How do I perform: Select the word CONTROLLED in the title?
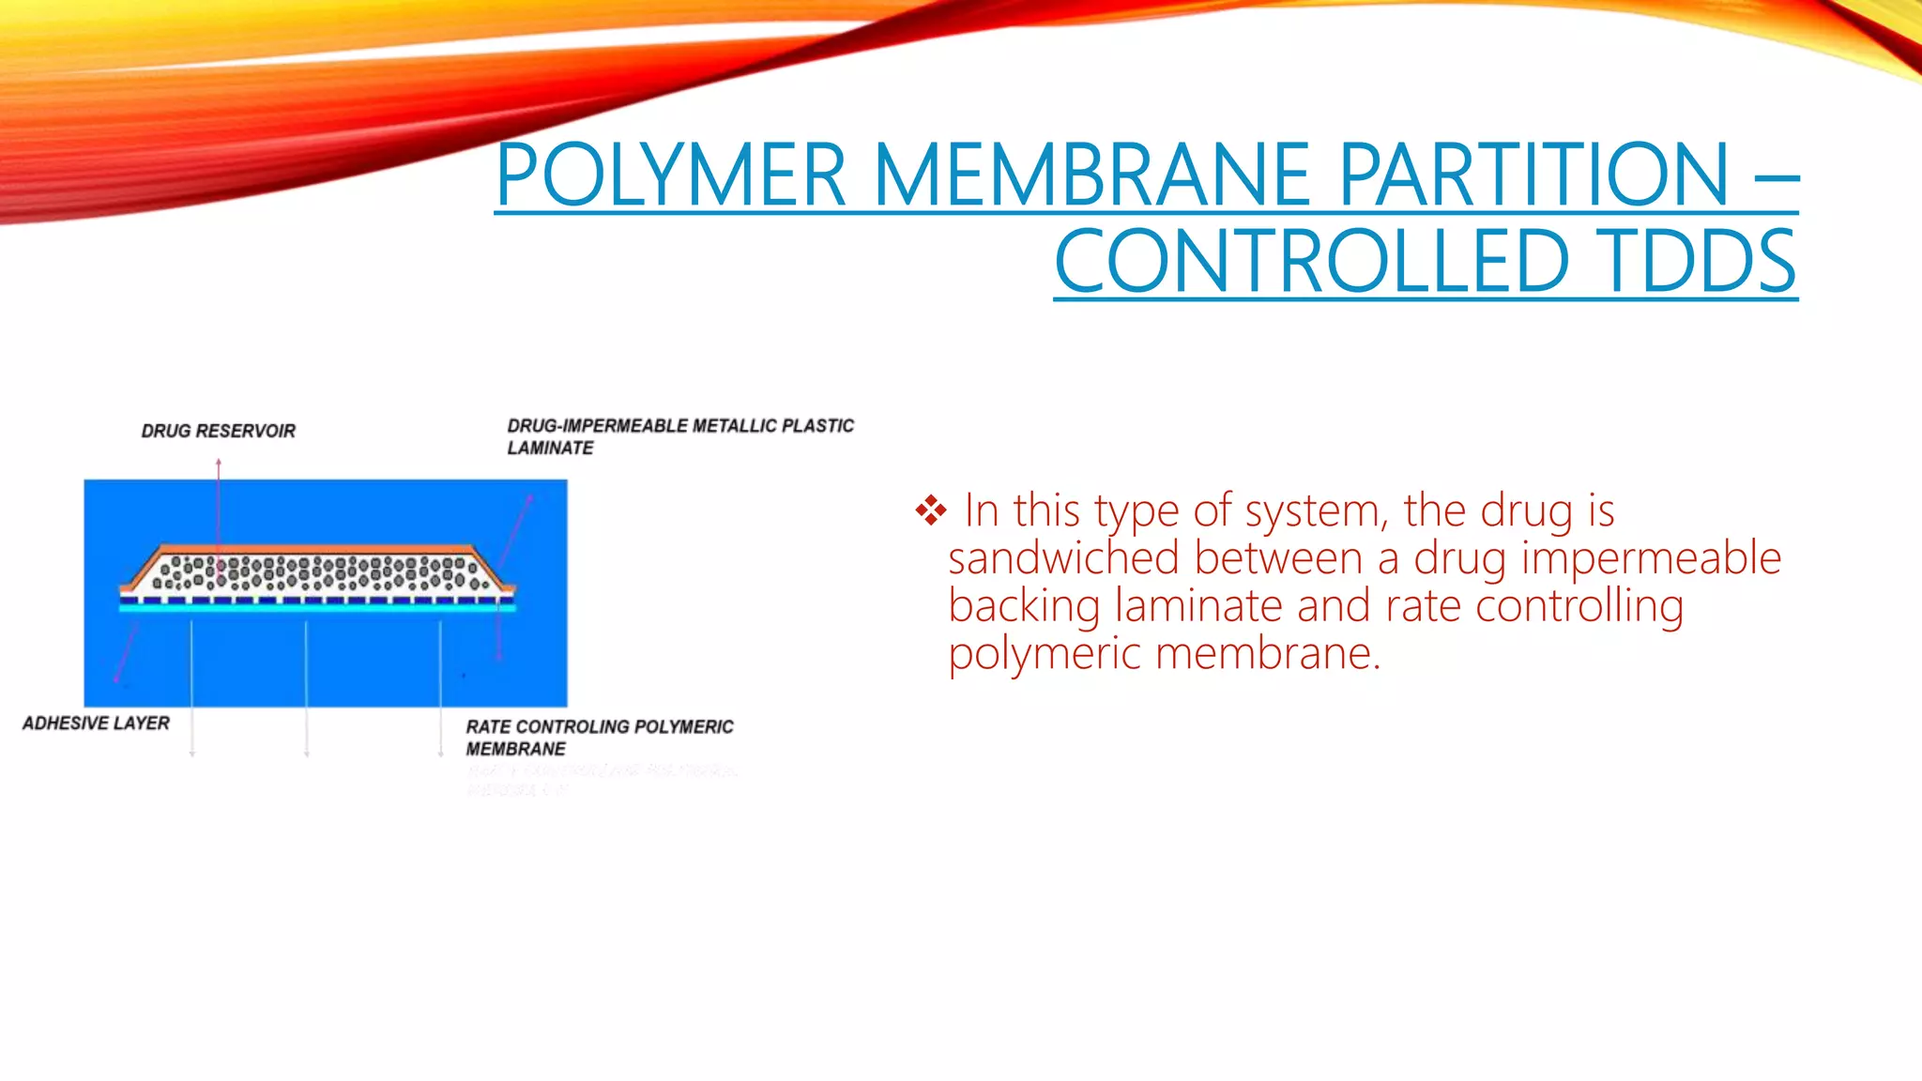[1311, 262]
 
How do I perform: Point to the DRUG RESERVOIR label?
[218, 431]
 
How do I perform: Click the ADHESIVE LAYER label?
[96, 723]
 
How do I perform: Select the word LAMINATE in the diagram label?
[550, 449]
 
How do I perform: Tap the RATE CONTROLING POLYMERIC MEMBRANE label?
[599, 738]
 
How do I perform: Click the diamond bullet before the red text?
[931, 510]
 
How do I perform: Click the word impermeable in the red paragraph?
[1651, 558]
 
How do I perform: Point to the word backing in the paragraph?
[1024, 606]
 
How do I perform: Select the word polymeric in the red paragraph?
[1044, 654]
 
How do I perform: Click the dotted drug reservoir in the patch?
[319, 572]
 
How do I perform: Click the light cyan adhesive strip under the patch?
[317, 608]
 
